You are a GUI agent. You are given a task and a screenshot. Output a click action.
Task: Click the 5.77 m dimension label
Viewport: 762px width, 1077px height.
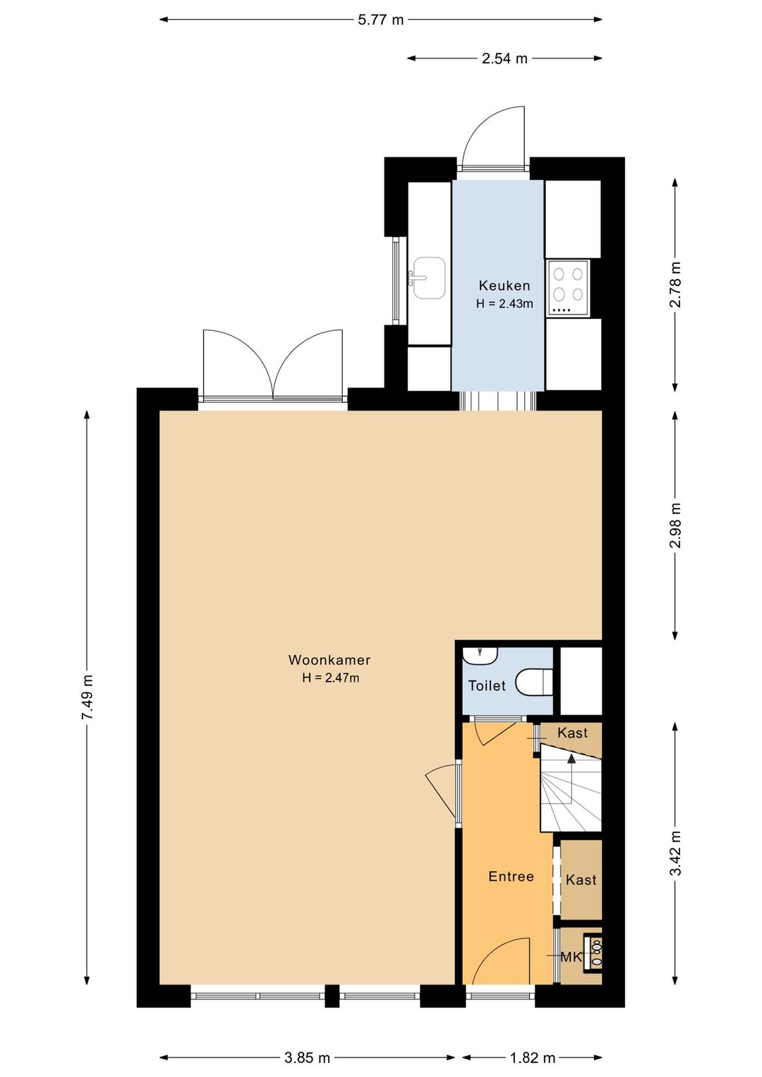click(381, 20)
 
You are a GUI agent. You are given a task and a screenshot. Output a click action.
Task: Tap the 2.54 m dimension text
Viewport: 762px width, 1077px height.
click(504, 59)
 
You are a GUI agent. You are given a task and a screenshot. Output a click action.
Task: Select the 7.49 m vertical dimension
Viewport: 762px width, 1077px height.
click(87, 697)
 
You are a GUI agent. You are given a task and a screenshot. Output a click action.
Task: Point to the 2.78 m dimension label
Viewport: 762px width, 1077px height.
click(675, 284)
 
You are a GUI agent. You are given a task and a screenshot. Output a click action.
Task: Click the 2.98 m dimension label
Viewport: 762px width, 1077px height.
click(675, 525)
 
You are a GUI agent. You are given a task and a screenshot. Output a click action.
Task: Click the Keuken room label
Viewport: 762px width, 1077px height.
click(504, 286)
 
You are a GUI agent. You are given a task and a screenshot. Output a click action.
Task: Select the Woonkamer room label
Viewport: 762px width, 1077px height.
click(329, 660)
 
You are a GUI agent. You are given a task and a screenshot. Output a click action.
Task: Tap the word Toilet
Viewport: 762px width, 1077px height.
click(487, 685)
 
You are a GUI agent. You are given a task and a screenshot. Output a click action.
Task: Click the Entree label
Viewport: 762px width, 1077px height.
click(511, 877)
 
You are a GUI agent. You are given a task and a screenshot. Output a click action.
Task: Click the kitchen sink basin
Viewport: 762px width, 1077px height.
click(429, 277)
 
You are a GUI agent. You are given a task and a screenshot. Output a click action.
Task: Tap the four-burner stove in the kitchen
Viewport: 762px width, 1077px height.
click(568, 288)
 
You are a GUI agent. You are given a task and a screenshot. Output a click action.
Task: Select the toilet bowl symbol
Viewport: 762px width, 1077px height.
click(533, 682)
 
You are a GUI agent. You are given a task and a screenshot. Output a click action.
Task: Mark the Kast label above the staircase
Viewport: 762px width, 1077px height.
click(573, 733)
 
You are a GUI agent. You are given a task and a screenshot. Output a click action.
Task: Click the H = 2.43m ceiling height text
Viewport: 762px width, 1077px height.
click(504, 304)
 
